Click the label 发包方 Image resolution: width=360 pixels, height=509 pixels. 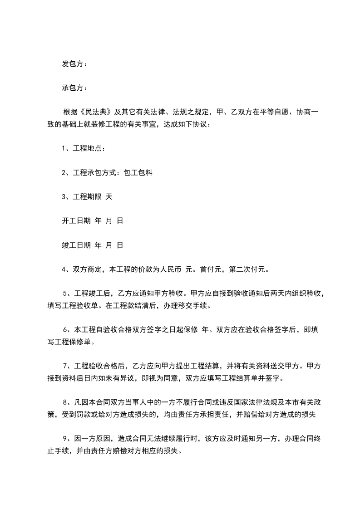pos(73,64)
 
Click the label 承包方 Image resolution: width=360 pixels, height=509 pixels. pos(73,88)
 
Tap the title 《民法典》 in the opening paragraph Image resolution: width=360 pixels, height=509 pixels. pos(93,112)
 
